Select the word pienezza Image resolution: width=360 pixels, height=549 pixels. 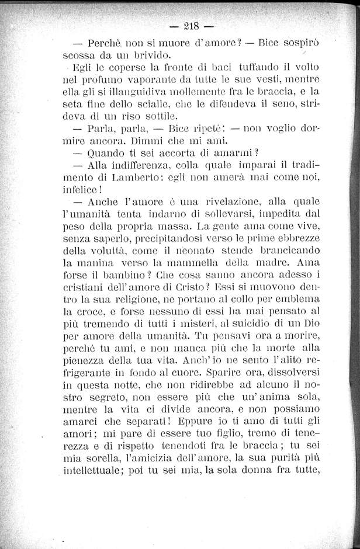click(x=85, y=355)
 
